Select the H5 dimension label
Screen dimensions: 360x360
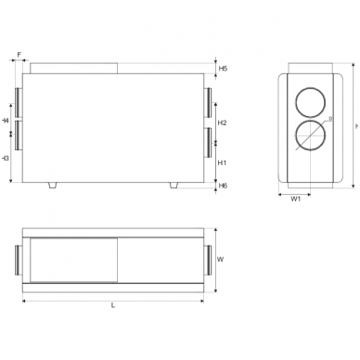click(x=223, y=70)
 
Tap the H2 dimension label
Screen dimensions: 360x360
click(x=223, y=122)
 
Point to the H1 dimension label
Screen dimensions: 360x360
click(x=223, y=162)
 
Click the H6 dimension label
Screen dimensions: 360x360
click(x=223, y=186)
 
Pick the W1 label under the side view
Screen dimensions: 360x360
click(x=295, y=199)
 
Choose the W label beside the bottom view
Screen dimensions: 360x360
click(x=221, y=260)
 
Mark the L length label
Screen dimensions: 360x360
click(x=113, y=305)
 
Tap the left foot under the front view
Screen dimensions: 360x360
click(x=54, y=186)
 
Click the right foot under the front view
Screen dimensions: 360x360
click(x=174, y=186)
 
